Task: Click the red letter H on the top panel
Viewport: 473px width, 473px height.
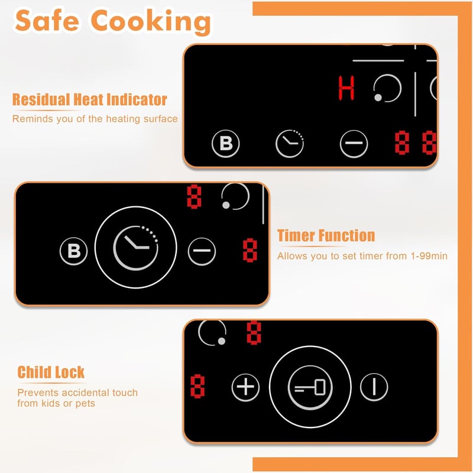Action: click(346, 88)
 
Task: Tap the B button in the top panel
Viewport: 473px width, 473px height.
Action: click(226, 144)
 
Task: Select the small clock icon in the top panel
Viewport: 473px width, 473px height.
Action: click(290, 144)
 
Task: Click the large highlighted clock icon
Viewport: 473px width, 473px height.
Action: click(136, 248)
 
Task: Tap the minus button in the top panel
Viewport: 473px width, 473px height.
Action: click(354, 144)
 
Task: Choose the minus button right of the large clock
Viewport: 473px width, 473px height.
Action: click(202, 251)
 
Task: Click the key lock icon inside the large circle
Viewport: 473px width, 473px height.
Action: click(310, 387)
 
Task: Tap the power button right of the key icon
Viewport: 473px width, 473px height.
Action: click(374, 387)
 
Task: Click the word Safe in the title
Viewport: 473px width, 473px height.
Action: click(47, 21)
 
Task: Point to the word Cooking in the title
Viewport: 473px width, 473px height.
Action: click(151, 22)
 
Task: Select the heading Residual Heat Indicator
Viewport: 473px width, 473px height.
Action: click(90, 99)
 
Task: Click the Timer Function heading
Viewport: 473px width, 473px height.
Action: click(326, 235)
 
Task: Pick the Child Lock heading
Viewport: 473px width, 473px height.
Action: click(51, 372)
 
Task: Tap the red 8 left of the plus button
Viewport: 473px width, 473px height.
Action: click(197, 387)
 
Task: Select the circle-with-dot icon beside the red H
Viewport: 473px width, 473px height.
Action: click(387, 88)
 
